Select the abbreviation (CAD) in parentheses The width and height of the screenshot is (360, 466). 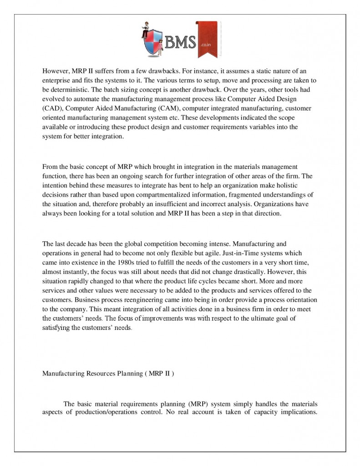tap(51, 108)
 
